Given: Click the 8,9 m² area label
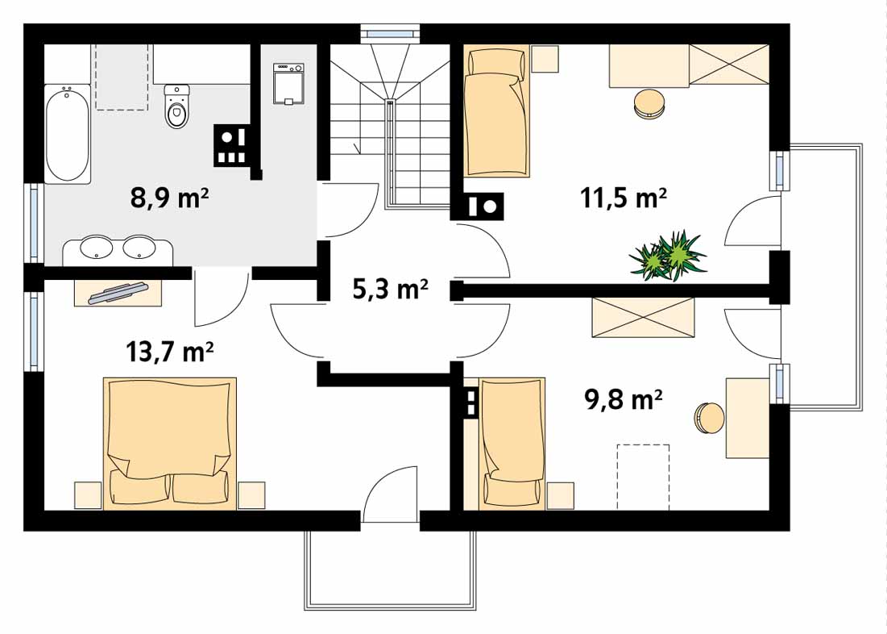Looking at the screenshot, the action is point(170,198).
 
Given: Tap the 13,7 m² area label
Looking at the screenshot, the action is point(169,351).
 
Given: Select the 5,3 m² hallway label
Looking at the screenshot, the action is point(390,289).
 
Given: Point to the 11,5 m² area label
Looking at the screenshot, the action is point(623,198).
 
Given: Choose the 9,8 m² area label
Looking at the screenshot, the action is point(623,398).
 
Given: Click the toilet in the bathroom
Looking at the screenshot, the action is point(177,106).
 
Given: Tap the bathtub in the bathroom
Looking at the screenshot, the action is point(68,134).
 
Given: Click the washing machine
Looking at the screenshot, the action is point(288,84).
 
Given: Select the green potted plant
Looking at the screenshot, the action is point(668,256).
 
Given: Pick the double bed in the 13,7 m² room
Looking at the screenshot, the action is point(170,444).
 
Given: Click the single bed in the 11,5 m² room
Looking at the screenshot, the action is point(497,111).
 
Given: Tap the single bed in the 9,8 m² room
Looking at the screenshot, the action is point(512,444).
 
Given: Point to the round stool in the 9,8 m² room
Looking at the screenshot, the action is point(710,418).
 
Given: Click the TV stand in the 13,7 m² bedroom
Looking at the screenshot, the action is point(118,292).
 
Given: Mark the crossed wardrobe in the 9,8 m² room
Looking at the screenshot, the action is point(643,317).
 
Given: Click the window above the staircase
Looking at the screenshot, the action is point(390,33).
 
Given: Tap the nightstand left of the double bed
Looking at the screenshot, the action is point(89,495).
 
